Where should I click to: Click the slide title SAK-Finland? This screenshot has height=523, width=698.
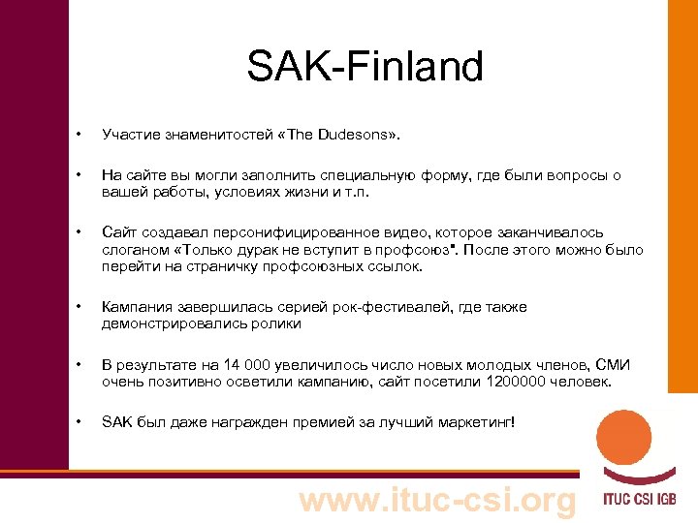click(365, 67)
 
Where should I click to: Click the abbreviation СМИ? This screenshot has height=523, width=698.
click(613, 365)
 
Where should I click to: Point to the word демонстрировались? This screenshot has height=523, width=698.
click(167, 323)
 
